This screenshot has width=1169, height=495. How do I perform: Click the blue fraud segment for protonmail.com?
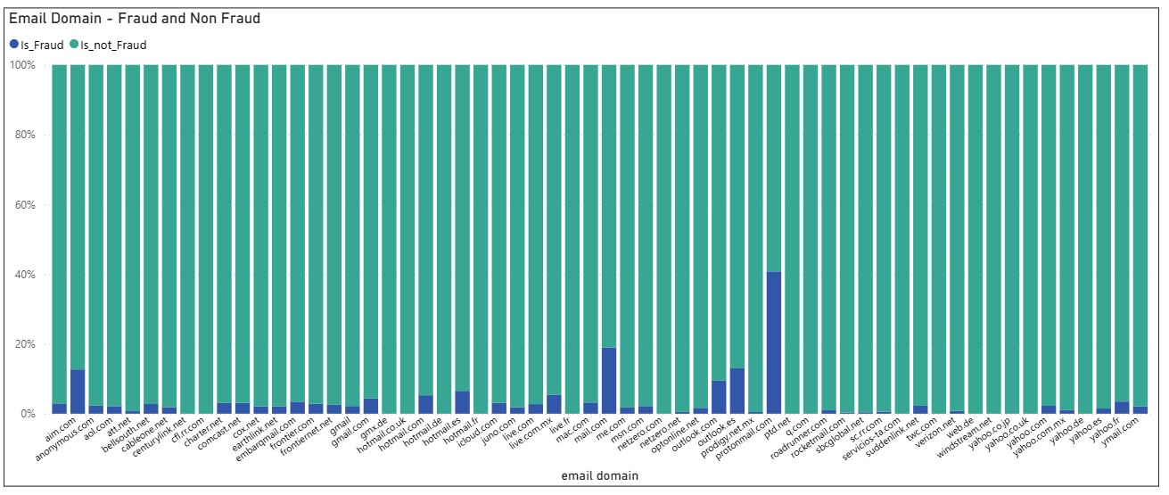[x=774, y=343]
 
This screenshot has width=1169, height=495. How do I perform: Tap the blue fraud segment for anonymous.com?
[x=78, y=392]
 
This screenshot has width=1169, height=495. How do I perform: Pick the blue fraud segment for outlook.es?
[x=737, y=392]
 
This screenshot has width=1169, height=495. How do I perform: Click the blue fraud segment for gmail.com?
[x=371, y=406]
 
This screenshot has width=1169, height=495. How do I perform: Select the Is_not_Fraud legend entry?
[x=107, y=45]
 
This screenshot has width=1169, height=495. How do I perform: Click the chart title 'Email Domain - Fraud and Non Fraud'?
[x=135, y=18]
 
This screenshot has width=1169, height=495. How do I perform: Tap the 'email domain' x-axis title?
[x=599, y=476]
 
